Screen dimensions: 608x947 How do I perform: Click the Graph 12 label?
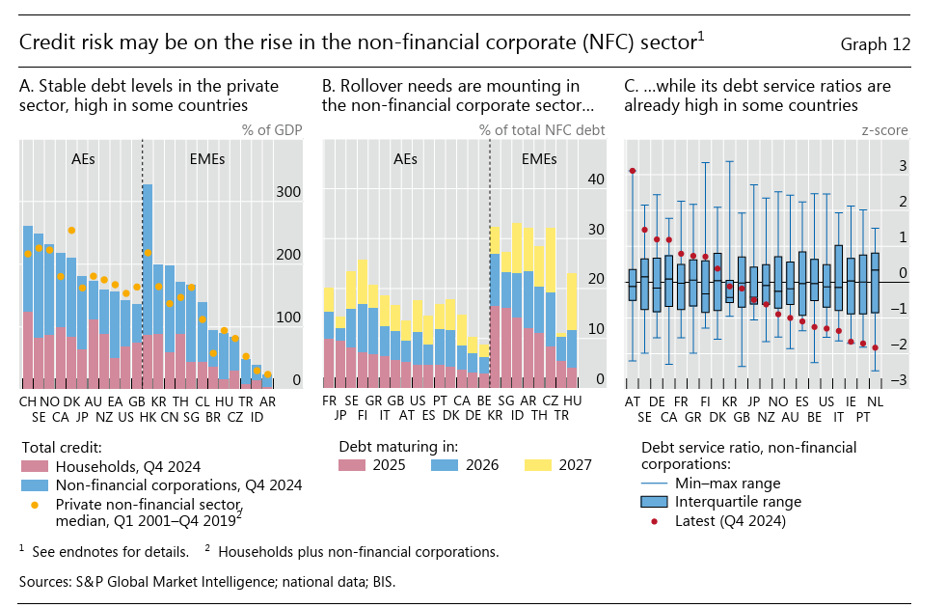tap(875, 44)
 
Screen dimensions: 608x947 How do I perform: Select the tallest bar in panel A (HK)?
tap(148, 280)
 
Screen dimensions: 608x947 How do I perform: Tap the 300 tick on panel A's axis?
tap(288, 192)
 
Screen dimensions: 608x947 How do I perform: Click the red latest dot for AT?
tap(633, 171)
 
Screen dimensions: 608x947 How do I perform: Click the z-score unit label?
tap(884, 130)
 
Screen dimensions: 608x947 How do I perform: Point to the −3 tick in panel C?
tap(901, 380)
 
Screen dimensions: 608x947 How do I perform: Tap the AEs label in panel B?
tap(405, 158)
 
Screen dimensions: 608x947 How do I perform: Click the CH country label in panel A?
tap(27, 400)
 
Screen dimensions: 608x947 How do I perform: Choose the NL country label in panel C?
tap(875, 400)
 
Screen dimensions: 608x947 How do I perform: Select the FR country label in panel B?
tap(329, 400)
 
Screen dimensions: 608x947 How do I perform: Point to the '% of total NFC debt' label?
tap(542, 130)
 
